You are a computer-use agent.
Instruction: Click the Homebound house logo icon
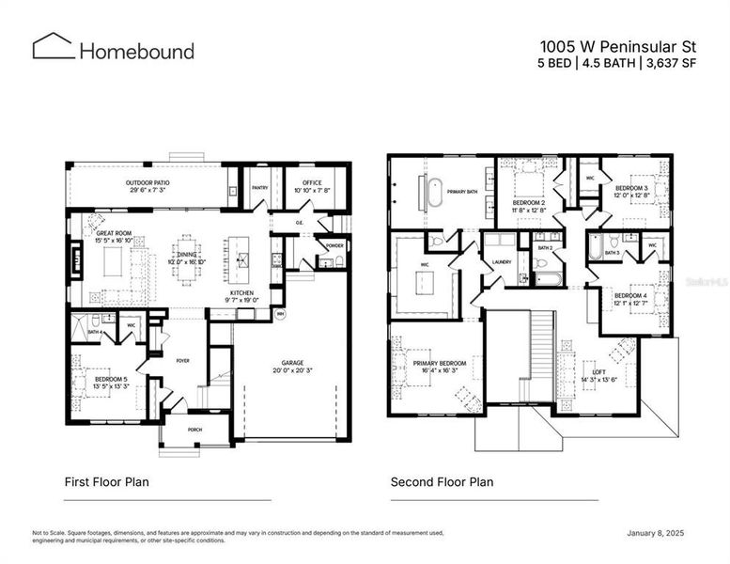pyautogui.click(x=54, y=47)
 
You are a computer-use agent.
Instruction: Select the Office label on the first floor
pyautogui.click(x=304, y=182)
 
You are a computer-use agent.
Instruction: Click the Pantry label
pyautogui.click(x=260, y=187)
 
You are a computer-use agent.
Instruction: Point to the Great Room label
pyautogui.click(x=114, y=232)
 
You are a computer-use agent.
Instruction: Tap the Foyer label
pyautogui.click(x=181, y=357)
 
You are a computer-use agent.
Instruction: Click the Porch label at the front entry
pyautogui.click(x=194, y=430)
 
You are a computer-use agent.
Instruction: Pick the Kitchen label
pyautogui.click(x=241, y=293)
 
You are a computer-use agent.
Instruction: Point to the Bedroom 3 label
pyautogui.click(x=631, y=188)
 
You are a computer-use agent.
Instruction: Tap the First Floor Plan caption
pyautogui.click(x=106, y=482)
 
